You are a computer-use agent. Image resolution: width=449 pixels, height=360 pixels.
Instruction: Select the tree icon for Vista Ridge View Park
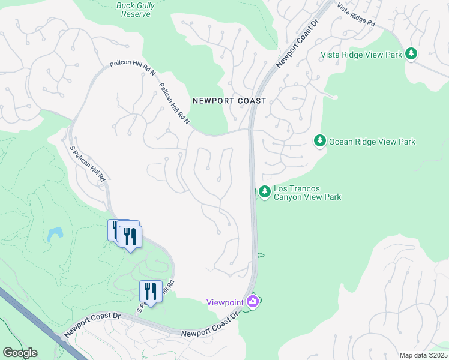coord(411,54)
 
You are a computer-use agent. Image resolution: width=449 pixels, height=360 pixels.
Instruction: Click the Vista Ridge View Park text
coord(361,55)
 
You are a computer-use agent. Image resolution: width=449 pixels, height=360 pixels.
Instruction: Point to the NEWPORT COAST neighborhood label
coord(229,101)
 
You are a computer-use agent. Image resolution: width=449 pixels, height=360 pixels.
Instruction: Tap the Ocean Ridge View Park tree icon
coord(320,141)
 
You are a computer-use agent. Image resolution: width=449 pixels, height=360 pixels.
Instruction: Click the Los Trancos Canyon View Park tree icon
coord(264,191)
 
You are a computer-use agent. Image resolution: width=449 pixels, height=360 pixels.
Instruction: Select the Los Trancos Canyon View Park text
coord(307,193)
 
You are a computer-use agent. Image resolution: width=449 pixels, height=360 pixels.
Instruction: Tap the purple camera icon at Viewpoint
coord(253,301)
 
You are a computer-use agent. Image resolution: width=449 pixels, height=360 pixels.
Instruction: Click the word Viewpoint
coord(225,302)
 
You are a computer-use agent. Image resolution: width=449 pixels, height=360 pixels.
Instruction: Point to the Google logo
coord(20,353)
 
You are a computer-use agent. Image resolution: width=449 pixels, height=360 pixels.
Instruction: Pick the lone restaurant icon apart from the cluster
coord(151,292)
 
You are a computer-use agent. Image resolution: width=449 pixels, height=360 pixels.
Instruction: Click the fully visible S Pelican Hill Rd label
coord(88,164)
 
